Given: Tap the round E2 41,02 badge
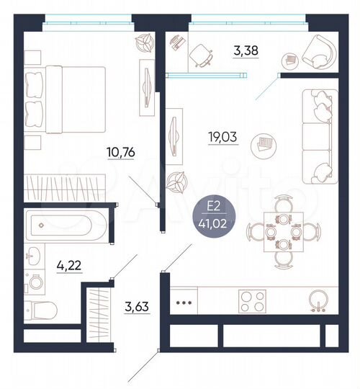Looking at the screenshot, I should [x=215, y=213].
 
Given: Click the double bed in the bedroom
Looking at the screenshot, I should [x=65, y=100].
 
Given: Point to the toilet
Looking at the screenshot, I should [x=42, y=310].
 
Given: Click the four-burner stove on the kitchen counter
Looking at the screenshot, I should [x=252, y=301].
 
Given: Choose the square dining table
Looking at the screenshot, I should [x=283, y=231].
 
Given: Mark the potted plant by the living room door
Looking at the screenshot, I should [x=175, y=180].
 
